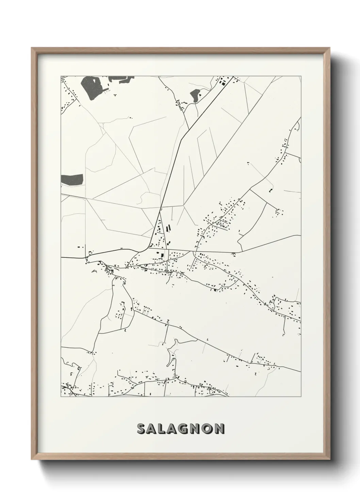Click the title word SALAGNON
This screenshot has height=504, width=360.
click(181, 428)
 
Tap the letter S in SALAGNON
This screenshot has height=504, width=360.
click(141, 428)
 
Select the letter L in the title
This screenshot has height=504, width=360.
click(163, 428)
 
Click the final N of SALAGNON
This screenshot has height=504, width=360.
click(220, 428)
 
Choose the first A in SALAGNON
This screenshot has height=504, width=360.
click(152, 428)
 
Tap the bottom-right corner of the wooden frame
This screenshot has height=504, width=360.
click(329, 460)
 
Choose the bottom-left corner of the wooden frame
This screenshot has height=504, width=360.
click(32, 460)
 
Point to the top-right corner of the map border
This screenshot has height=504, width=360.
click(301, 76)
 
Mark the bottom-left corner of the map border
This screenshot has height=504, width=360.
click(61, 397)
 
